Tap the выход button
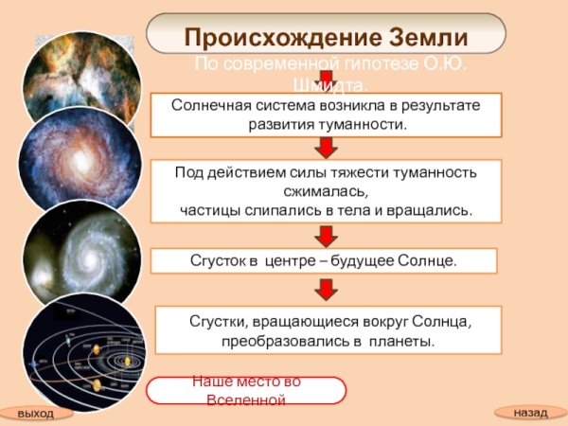coord(36,414)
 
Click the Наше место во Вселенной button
coord(246,390)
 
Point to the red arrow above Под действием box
coord(326,148)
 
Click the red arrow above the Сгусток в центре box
coord(326,235)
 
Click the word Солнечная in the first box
coord(213,105)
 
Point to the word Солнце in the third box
coord(428,259)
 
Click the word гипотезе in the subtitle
coord(363,63)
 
